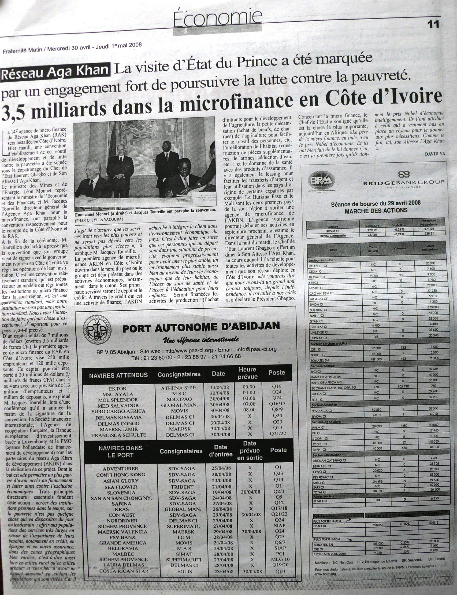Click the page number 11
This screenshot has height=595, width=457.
[x=433, y=25]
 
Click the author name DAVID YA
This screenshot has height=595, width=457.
[x=435, y=154]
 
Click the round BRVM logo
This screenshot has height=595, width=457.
[x=322, y=181]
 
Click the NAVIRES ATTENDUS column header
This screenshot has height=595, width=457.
[x=118, y=375]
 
